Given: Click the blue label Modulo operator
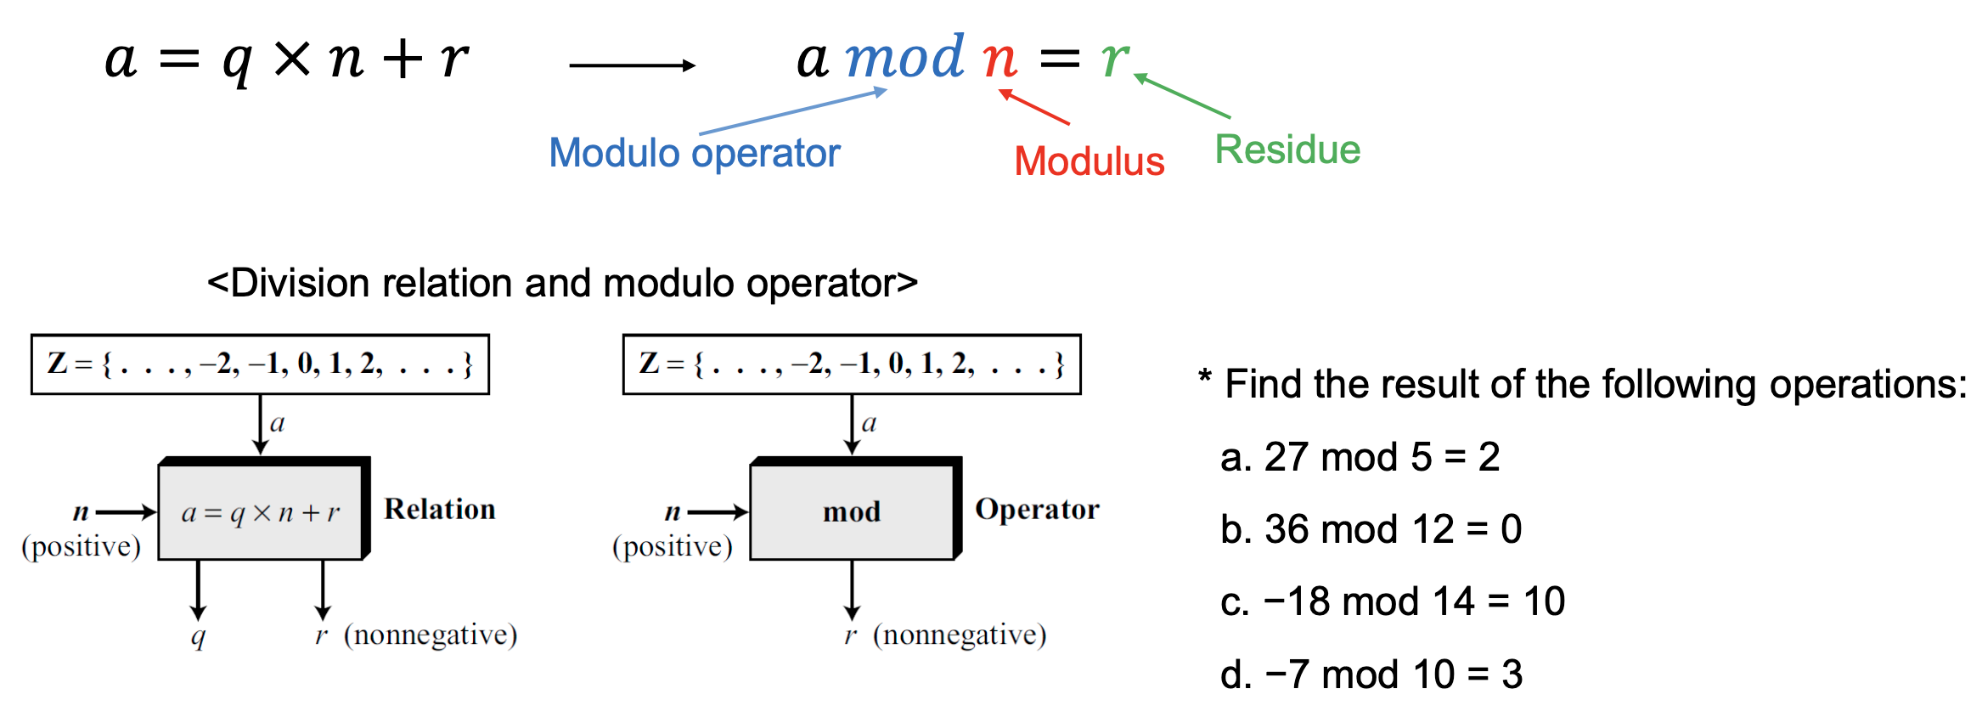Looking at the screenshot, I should [x=694, y=154].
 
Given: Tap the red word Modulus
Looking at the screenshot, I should [x=1089, y=161].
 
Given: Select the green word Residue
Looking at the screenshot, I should [x=1287, y=150].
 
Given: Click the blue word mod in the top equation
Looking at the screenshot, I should [x=905, y=58].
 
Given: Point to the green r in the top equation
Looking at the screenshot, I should [x=1114, y=59].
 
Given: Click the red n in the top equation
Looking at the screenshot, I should [x=999, y=59].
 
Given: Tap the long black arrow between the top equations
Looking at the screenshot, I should [x=632, y=65].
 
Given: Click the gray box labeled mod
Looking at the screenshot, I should [x=852, y=511].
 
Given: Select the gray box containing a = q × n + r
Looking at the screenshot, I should [x=260, y=511].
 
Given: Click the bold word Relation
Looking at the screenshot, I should [x=439, y=509].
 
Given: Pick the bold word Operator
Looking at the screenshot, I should [x=1037, y=509].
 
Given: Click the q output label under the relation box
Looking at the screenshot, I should [x=198, y=636].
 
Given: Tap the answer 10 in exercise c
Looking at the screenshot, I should [x=1544, y=601].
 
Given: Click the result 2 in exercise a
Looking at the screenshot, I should [x=1489, y=457].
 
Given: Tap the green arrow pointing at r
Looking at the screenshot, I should [x=1182, y=96].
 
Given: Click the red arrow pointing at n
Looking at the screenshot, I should [x=1034, y=107].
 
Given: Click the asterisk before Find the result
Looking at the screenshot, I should [x=1204, y=376].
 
